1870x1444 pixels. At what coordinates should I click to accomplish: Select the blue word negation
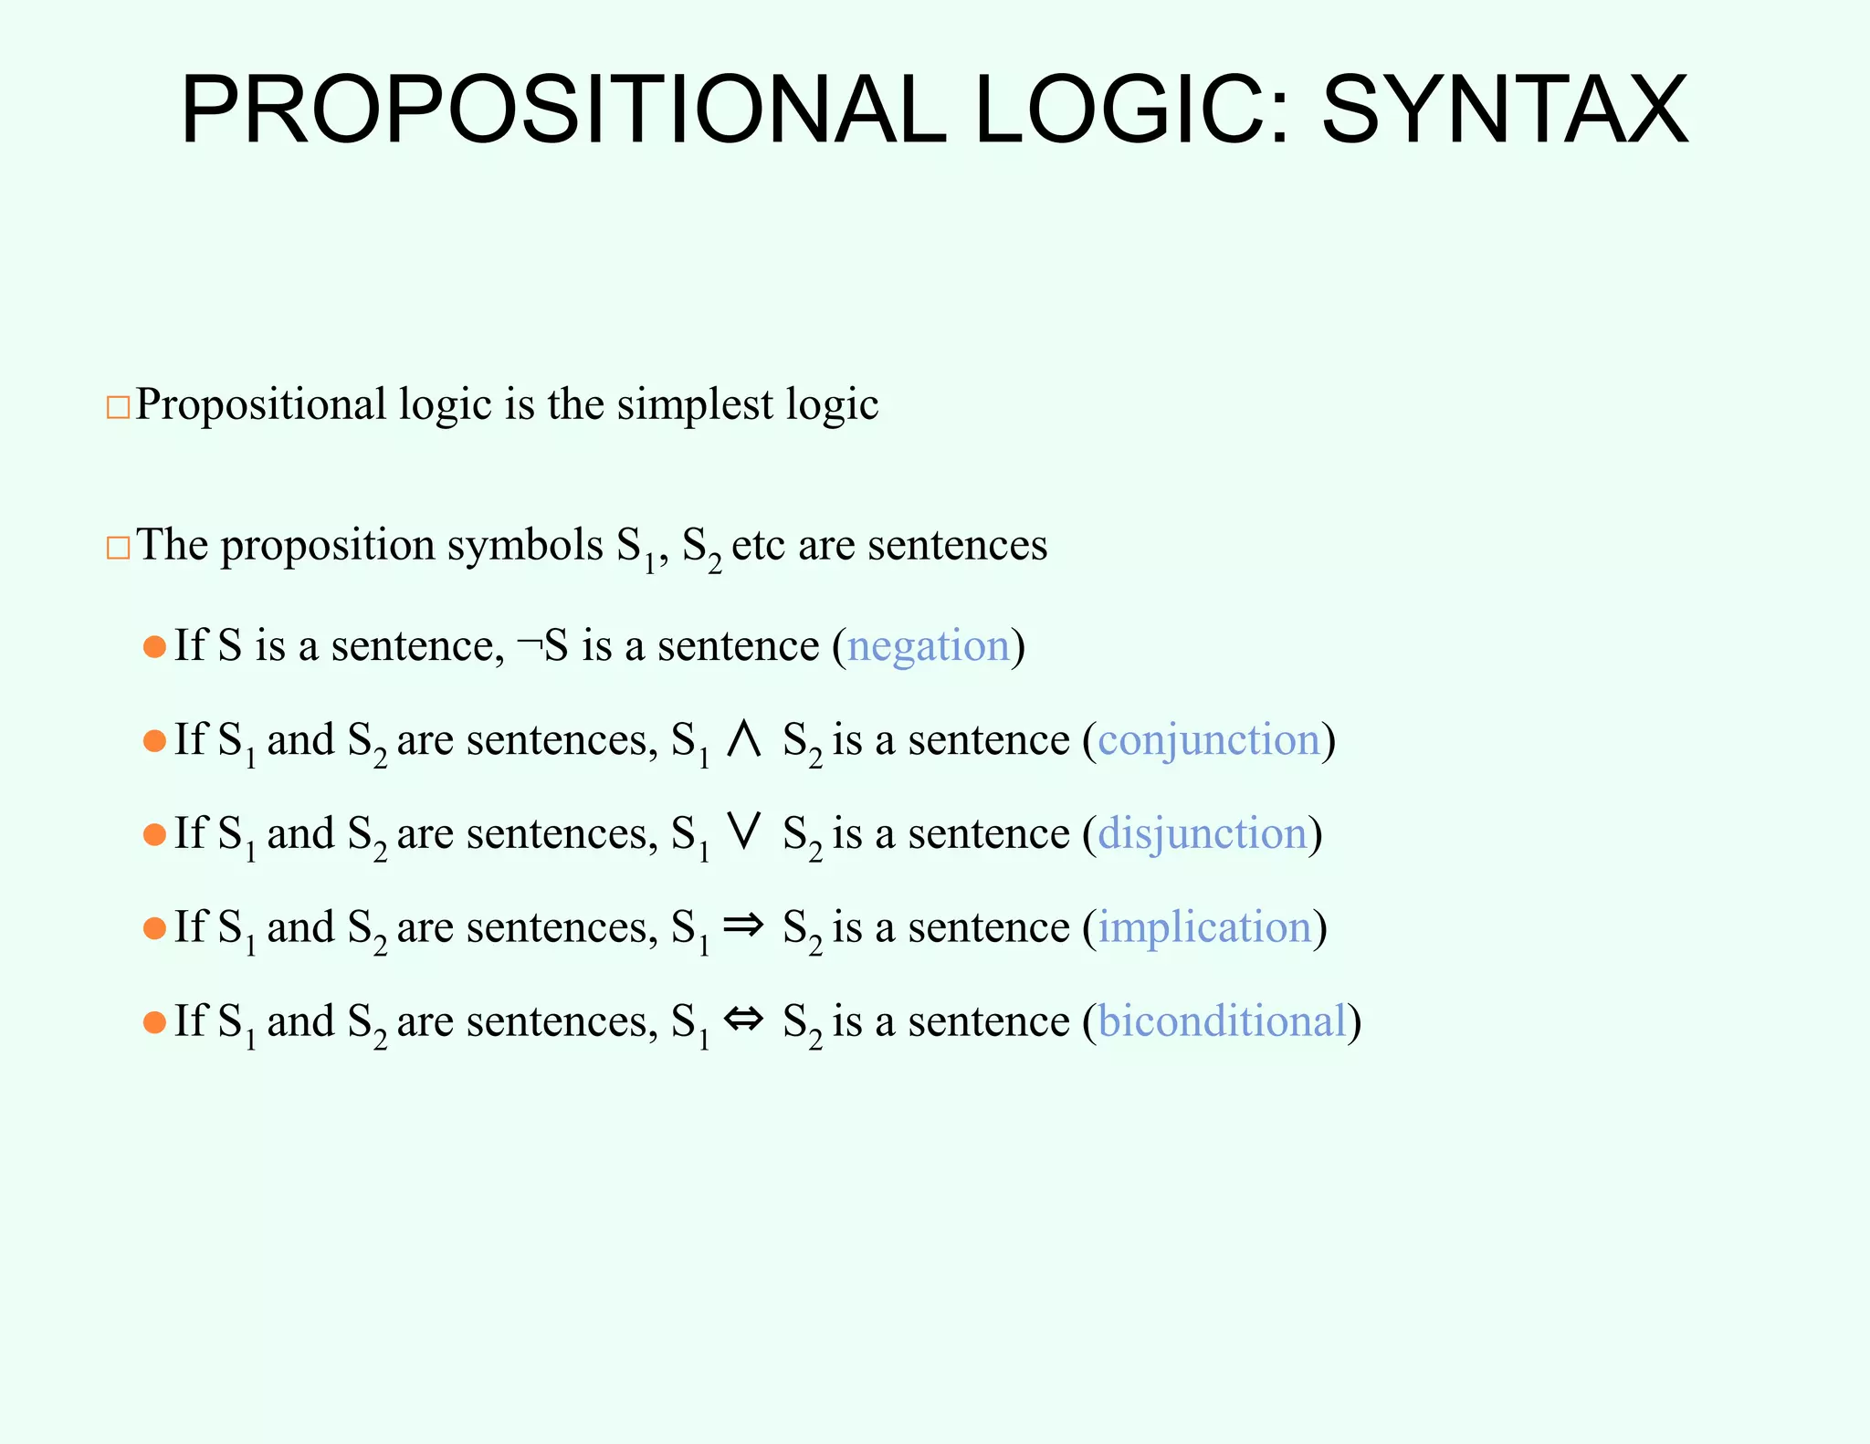pyautogui.click(x=928, y=646)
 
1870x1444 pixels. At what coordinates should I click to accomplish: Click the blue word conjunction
pyautogui.click(x=1209, y=740)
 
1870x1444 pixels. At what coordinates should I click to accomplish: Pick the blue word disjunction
pyautogui.click(x=1203, y=834)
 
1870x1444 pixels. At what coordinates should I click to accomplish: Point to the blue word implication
pyautogui.click(x=1204, y=928)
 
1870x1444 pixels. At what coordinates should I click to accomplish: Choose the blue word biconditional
pyautogui.click(x=1223, y=1021)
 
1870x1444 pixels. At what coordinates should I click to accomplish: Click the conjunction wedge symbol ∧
pyautogui.click(x=744, y=739)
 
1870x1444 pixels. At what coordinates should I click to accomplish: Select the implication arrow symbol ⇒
pyautogui.click(x=743, y=926)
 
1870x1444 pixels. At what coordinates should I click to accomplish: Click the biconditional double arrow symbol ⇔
pyautogui.click(x=743, y=1020)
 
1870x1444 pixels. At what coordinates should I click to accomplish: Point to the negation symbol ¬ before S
pyautogui.click(x=529, y=644)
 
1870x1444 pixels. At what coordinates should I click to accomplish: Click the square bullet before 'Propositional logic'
pyautogui.click(x=118, y=407)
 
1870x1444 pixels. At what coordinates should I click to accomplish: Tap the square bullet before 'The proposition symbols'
pyautogui.click(x=118, y=548)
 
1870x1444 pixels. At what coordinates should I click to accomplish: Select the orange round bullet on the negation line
pyautogui.click(x=154, y=647)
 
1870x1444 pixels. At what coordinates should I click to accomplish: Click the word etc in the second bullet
pyautogui.click(x=758, y=546)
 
